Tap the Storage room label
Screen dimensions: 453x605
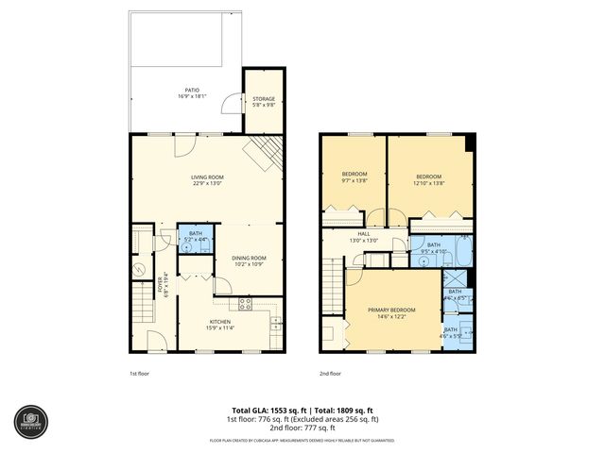pos(264,101)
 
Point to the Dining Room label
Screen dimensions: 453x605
pos(250,260)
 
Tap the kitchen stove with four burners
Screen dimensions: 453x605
pos(246,304)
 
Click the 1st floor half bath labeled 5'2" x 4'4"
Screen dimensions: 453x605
pos(195,237)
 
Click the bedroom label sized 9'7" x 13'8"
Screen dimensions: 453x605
pos(354,177)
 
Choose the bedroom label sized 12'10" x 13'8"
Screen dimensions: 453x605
pos(429,177)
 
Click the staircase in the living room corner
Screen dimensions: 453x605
pos(265,152)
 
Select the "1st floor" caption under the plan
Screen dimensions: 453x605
pos(139,373)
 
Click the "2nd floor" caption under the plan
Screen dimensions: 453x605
pos(329,373)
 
